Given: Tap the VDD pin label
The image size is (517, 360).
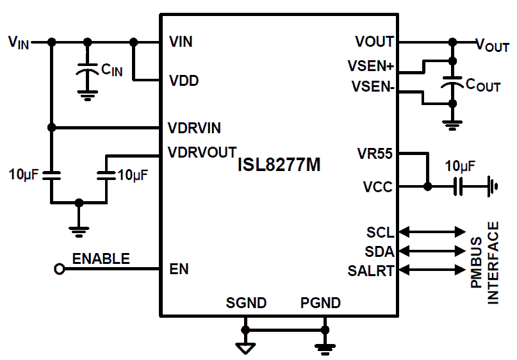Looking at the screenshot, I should coord(183,81).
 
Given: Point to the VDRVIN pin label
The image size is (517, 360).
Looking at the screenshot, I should coord(194,127).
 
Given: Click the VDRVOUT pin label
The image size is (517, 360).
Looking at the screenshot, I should coord(201,153).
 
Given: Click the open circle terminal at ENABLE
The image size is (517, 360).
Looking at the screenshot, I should coord(60,270).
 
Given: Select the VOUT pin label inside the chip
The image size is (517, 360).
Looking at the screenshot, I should coord(374,42).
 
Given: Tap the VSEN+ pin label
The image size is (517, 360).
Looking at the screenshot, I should coord(370,66).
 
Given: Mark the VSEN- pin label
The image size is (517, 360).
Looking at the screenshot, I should coord(372,86).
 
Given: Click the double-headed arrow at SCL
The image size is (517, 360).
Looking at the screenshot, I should coord(432,231).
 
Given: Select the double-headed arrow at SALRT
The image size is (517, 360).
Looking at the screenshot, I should coord(432,270).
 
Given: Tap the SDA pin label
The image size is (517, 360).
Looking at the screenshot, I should coord(380,250).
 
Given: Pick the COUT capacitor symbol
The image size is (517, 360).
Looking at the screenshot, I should coord(453,83).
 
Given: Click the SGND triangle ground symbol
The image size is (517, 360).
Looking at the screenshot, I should coord(245,348).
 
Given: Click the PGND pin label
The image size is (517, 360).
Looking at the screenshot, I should coord(320,303).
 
